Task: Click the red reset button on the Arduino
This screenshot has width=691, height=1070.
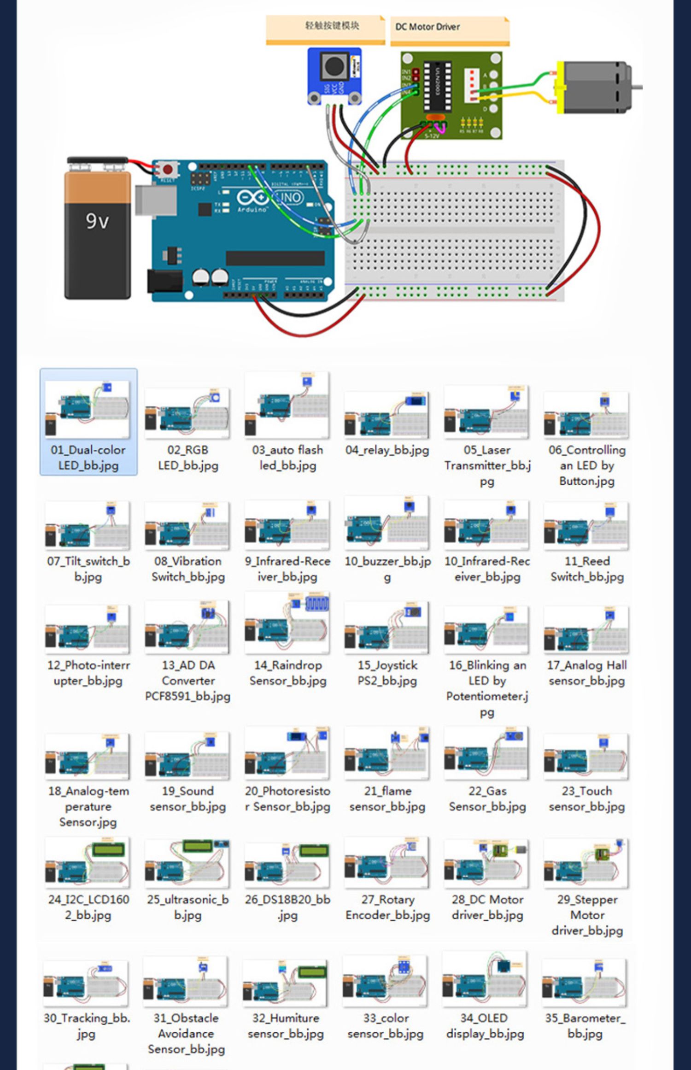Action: [167, 170]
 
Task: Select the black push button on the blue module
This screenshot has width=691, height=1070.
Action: [333, 66]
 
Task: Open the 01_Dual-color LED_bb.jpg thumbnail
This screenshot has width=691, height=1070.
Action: [88, 409]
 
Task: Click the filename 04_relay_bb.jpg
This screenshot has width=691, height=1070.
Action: [387, 450]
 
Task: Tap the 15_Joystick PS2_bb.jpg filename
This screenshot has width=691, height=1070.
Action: [387, 673]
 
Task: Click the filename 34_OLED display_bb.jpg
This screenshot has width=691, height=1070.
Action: [485, 1026]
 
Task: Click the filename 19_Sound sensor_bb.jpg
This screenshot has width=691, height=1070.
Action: [187, 799]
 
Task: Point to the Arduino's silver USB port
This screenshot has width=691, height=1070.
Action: [156, 200]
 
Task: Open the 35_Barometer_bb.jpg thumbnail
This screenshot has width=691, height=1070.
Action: [585, 982]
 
